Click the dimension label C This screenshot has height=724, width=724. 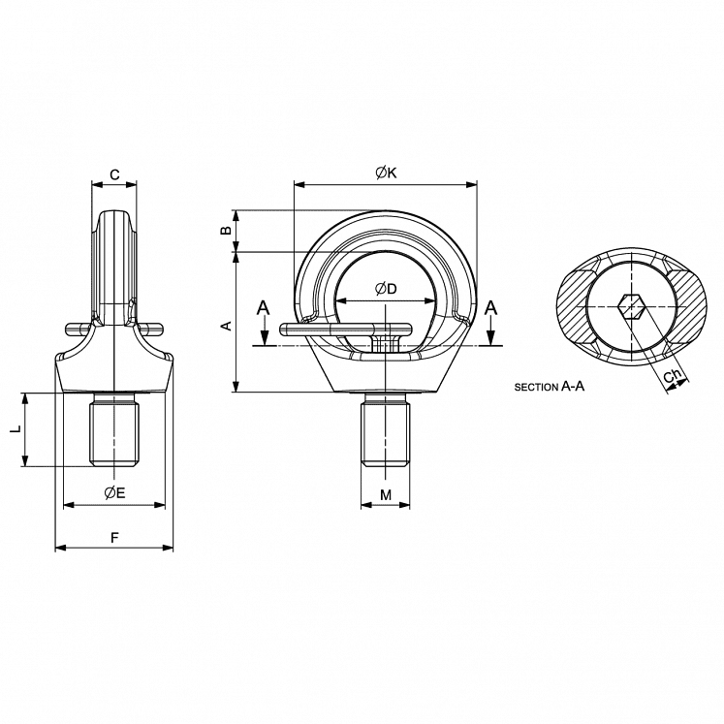114,174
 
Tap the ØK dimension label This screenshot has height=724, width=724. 386,173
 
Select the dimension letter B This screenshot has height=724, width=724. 226,231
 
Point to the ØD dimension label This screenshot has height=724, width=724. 386,289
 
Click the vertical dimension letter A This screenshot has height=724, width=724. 226,327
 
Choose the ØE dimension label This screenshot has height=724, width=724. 114,492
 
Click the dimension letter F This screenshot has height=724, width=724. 114,536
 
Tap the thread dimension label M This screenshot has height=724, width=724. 386,495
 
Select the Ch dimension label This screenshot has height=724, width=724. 671,375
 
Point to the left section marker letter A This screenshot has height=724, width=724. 262,307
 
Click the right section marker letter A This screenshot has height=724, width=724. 491,307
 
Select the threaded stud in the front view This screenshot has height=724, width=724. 386,433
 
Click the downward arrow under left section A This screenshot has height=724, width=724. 262,336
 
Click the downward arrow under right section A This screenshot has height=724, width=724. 491,336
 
